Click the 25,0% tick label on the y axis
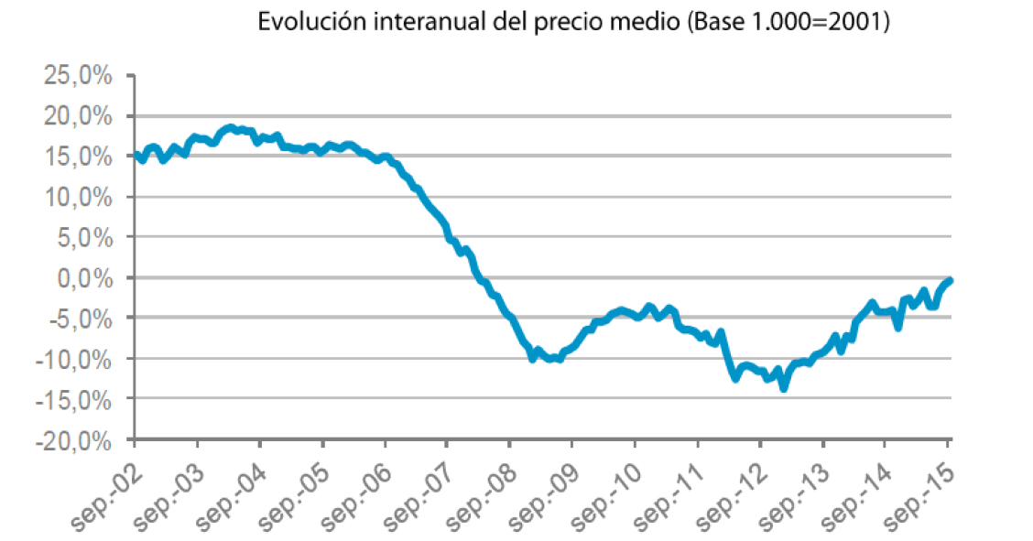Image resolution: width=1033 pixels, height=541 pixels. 78,76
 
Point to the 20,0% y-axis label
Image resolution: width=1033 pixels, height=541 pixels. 78,116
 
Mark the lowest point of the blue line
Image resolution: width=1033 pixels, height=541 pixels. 784,388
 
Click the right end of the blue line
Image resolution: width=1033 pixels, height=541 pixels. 951,280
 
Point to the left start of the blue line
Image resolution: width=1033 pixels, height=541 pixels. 136,154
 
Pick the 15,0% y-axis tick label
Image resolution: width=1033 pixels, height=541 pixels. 78,157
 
